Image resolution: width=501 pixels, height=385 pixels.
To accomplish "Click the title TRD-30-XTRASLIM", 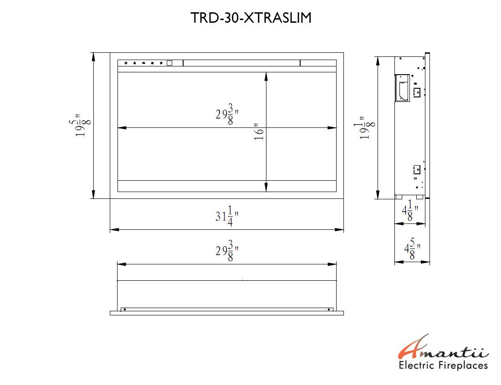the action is pos(251,18).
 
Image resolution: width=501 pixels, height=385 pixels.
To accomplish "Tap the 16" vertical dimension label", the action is pos(259,132).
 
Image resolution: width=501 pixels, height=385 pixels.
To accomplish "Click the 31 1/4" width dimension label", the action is pos(227,216).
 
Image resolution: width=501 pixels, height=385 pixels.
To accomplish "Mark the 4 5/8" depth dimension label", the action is pos(412,249).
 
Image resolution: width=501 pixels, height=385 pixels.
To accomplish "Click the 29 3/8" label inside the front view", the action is pos(227,114).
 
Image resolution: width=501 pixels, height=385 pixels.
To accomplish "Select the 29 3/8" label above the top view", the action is pos(227,251).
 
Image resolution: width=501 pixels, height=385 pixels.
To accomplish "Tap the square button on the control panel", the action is pos(169,63).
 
